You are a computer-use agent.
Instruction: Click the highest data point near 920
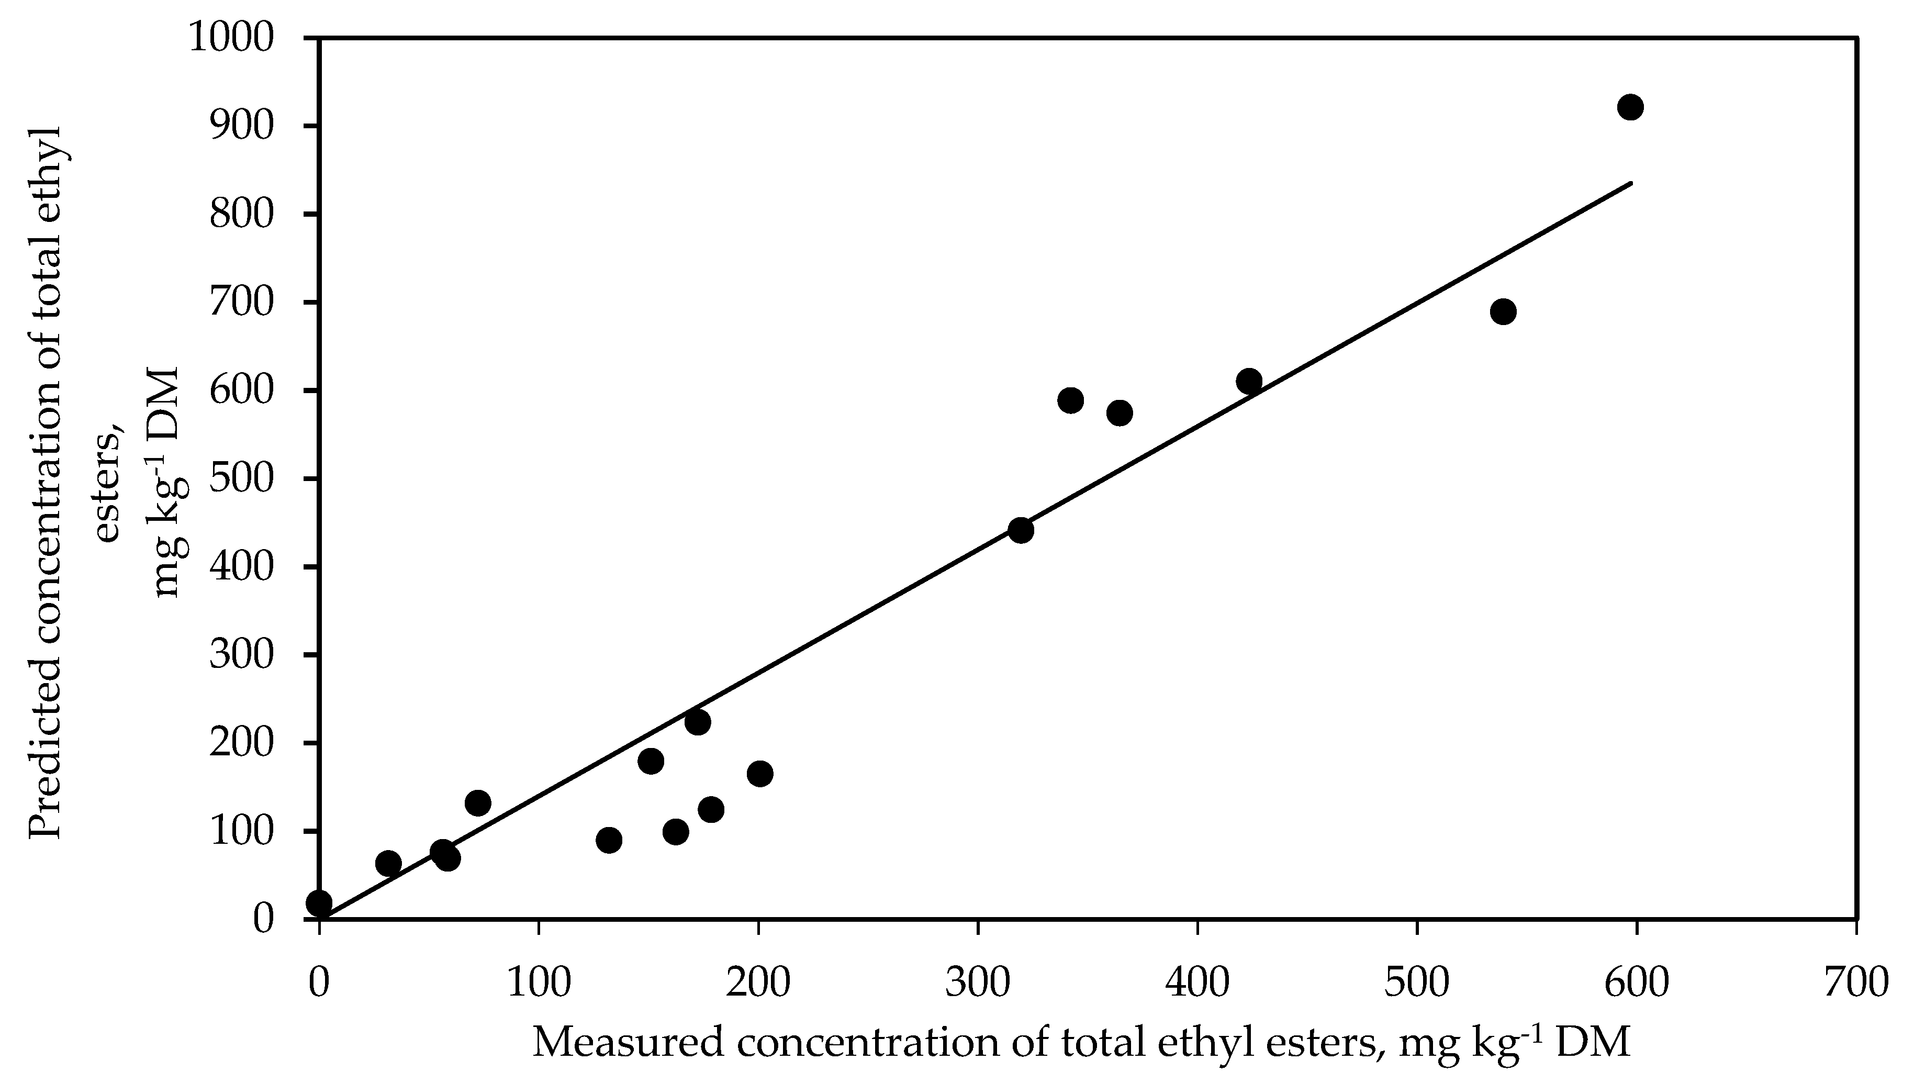coord(1630,107)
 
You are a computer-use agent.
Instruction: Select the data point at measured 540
coord(1503,311)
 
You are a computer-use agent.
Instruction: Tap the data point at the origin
coord(319,903)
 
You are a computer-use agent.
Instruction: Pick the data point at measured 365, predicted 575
coord(1119,413)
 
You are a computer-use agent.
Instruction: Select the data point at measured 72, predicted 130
coord(477,802)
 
